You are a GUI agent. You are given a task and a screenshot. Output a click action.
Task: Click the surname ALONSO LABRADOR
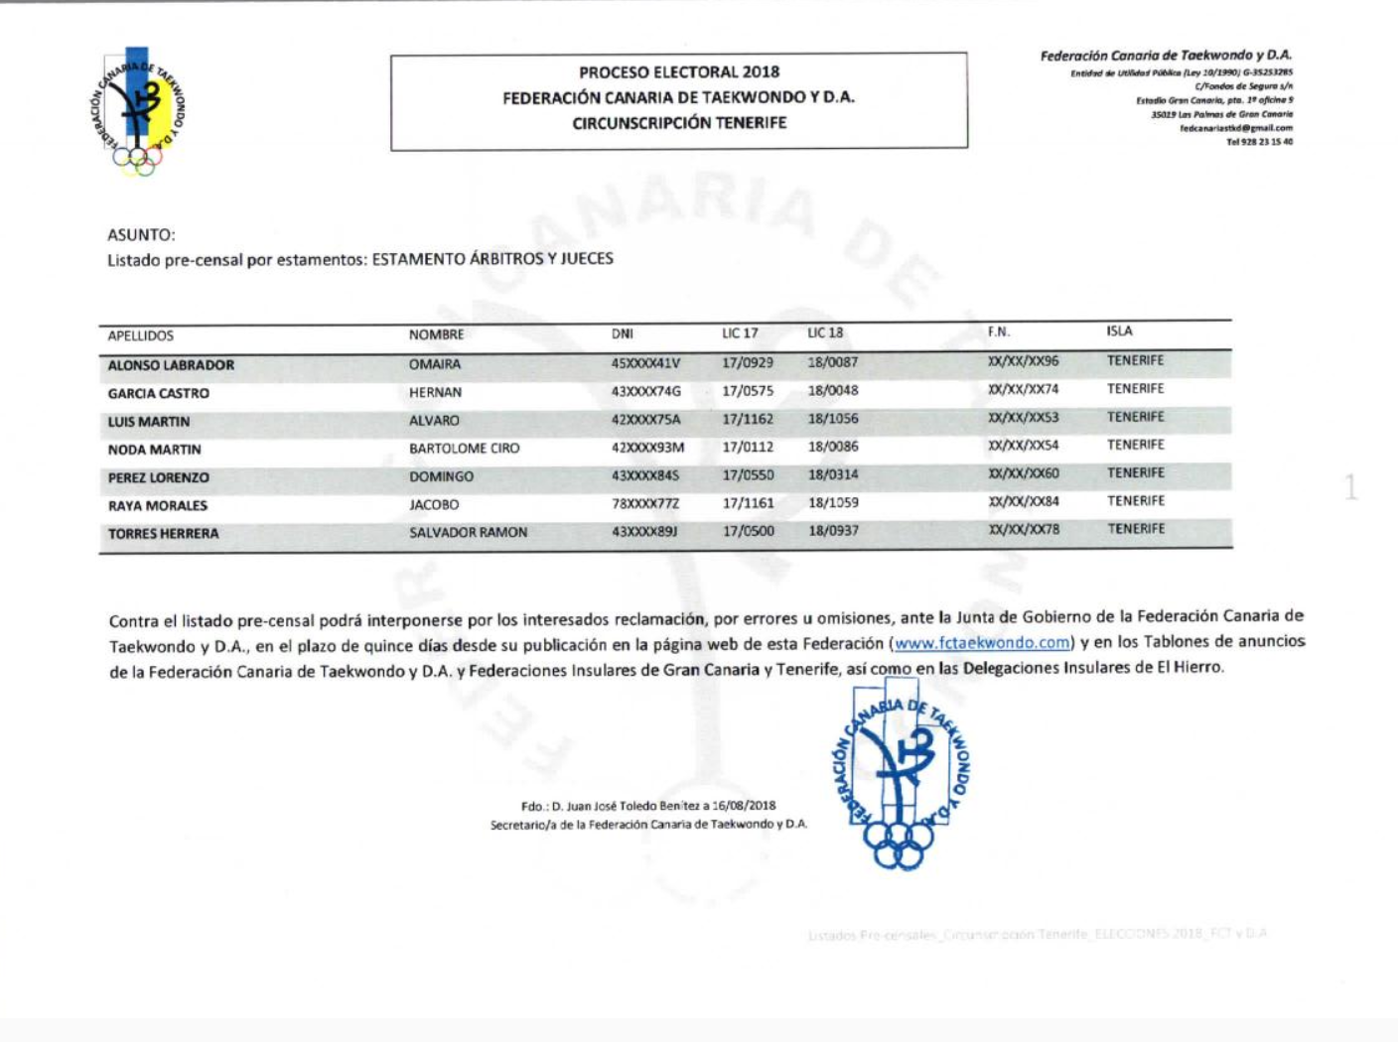pos(171,365)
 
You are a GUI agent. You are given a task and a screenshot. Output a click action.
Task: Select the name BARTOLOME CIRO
pos(464,449)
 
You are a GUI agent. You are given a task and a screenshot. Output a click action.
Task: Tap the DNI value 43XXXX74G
pos(645,392)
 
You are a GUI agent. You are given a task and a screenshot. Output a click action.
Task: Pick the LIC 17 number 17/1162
pos(748,420)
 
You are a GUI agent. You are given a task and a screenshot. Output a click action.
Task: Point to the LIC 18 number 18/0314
pos(833,474)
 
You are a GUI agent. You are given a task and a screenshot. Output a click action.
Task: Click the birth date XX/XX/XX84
pos(1023,501)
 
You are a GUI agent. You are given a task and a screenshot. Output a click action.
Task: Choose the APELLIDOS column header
pos(140,336)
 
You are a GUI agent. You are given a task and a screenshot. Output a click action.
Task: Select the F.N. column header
pos(998,332)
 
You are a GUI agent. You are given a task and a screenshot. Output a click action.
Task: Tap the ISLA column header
pos(1119,331)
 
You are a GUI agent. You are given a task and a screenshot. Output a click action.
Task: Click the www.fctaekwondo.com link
pos(982,643)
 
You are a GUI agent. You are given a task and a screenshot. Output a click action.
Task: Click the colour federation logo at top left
pos(139,111)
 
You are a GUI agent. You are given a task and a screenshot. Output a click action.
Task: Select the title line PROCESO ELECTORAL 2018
pos(679,72)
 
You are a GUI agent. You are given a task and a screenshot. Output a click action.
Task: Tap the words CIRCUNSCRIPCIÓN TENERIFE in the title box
pos(679,123)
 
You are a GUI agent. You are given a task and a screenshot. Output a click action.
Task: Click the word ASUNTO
pos(141,235)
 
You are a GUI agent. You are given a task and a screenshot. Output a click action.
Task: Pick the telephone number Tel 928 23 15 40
pos(1259,142)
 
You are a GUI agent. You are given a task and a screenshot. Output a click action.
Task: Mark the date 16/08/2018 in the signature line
pos(744,806)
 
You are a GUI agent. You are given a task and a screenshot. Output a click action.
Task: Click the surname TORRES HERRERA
pos(163,534)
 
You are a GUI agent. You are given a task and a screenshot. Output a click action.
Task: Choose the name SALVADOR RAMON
pos(468,533)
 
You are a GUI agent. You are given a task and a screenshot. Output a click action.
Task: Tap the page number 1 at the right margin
pos(1350,487)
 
